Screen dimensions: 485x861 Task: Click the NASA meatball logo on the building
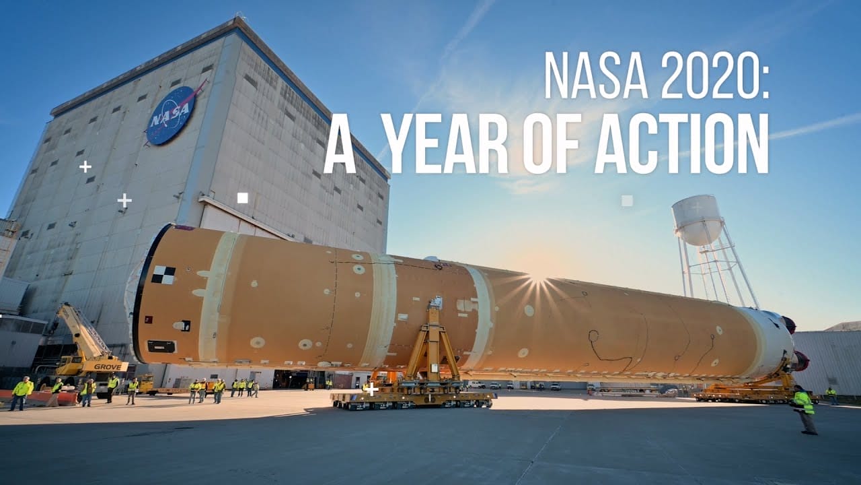(172, 115)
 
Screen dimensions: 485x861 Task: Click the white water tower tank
(697, 219)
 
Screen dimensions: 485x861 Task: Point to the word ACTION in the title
(681, 144)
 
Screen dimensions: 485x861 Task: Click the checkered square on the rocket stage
(163, 275)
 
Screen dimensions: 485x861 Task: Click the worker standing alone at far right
(804, 408)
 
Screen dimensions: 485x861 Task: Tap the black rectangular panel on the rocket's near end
(161, 346)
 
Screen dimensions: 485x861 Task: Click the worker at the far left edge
(20, 393)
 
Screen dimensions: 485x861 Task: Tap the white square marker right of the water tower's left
(627, 200)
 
